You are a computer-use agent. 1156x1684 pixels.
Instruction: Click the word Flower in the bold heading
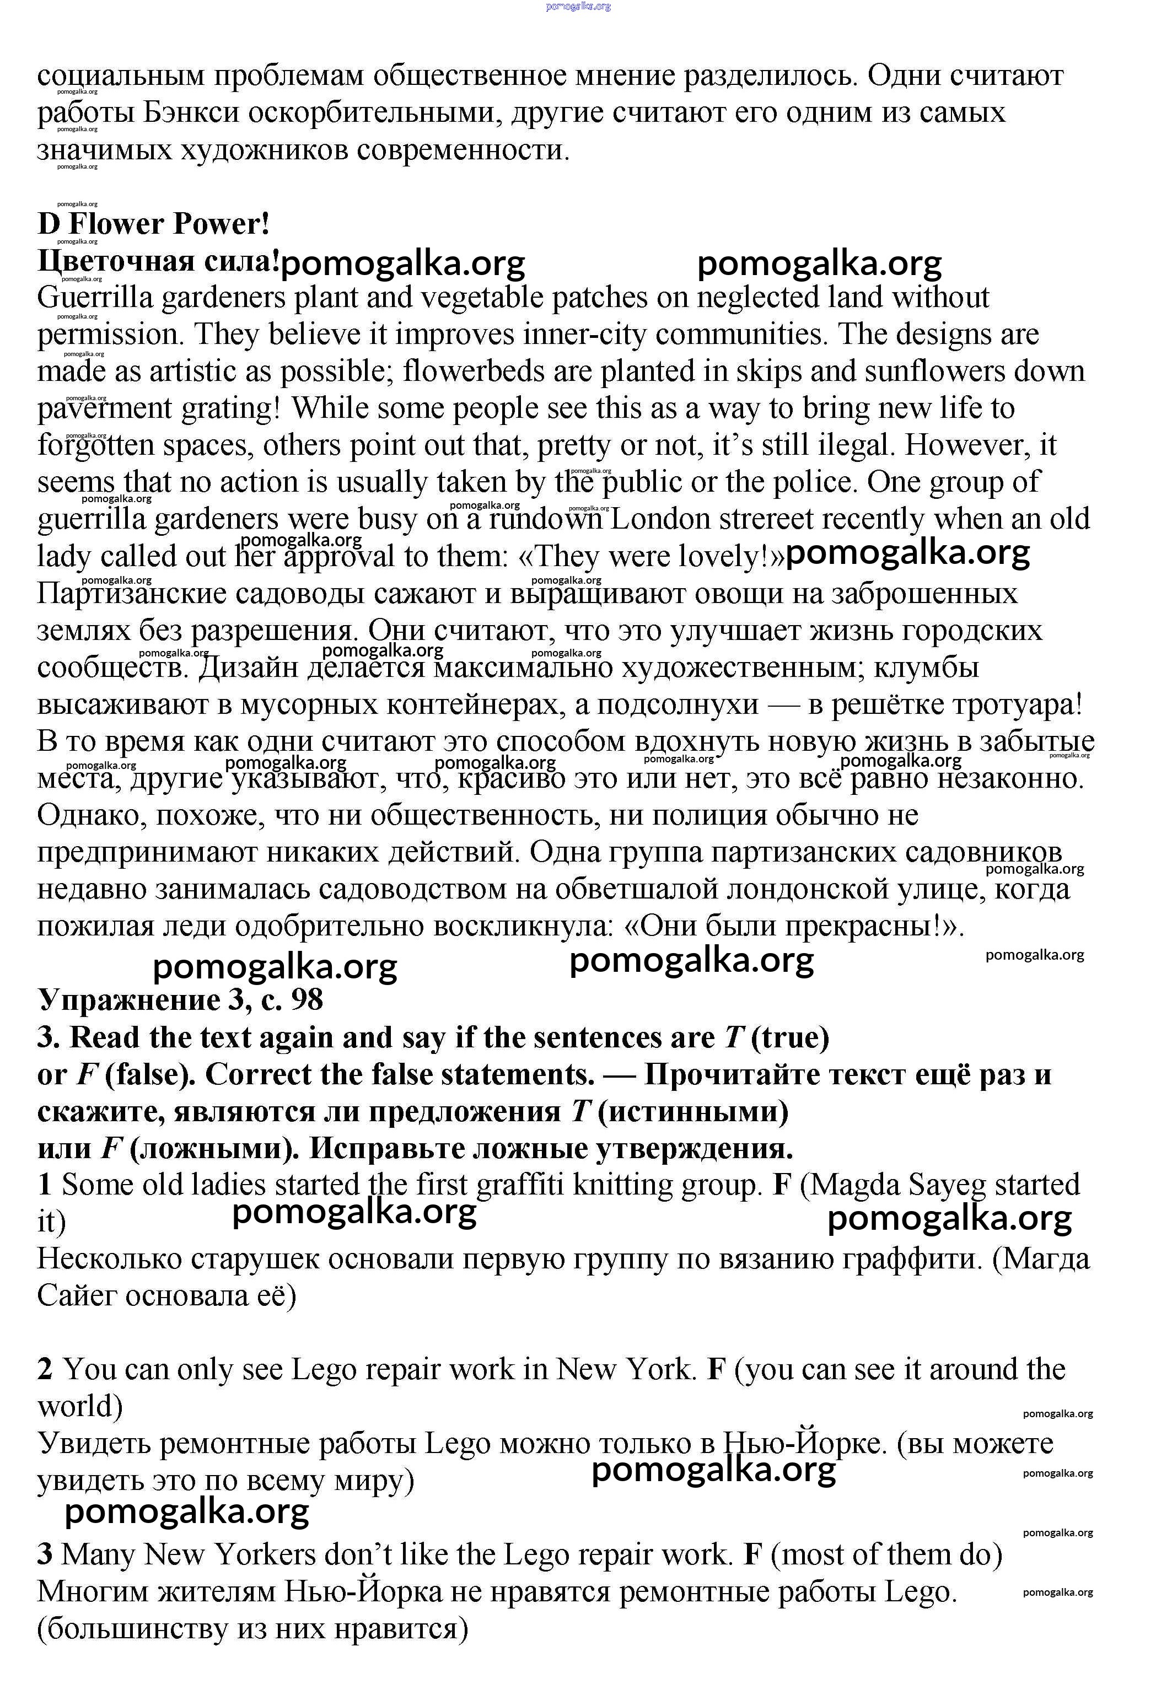tap(116, 224)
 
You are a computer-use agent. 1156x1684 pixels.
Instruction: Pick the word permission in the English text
tap(108, 335)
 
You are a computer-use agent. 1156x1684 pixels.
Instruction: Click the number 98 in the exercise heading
tap(307, 1000)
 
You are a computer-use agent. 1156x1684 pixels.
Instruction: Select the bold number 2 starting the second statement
tap(45, 1369)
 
